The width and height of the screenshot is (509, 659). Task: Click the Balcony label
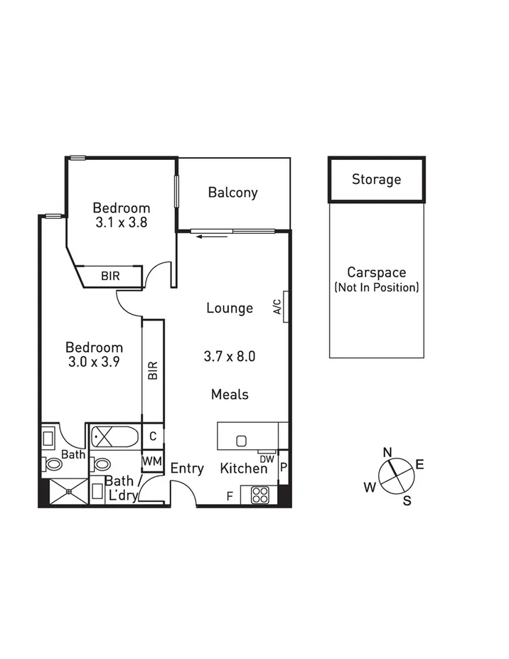(x=232, y=193)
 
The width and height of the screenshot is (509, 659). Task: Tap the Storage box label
(x=376, y=180)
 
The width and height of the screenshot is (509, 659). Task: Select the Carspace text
(x=376, y=272)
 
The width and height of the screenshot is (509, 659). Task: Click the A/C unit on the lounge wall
(x=285, y=306)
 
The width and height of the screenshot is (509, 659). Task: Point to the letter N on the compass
(x=387, y=452)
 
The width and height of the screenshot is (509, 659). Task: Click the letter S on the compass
(x=407, y=500)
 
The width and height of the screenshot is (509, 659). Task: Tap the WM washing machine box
(x=151, y=461)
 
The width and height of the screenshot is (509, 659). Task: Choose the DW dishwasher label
(x=267, y=459)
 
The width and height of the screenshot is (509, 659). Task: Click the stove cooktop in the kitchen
(x=258, y=495)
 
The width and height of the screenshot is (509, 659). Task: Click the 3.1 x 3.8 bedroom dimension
(x=122, y=222)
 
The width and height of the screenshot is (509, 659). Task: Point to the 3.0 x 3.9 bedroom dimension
(x=94, y=361)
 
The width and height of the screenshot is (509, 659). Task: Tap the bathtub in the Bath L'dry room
(x=114, y=434)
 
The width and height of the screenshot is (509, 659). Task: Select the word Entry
(x=187, y=468)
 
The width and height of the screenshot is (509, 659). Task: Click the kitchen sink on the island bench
(x=241, y=440)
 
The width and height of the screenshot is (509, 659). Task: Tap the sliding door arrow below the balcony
(x=213, y=236)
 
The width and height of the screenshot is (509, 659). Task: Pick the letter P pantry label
(x=283, y=467)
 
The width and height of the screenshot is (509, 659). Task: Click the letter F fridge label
(x=229, y=496)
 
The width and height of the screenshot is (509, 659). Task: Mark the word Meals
(x=230, y=394)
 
